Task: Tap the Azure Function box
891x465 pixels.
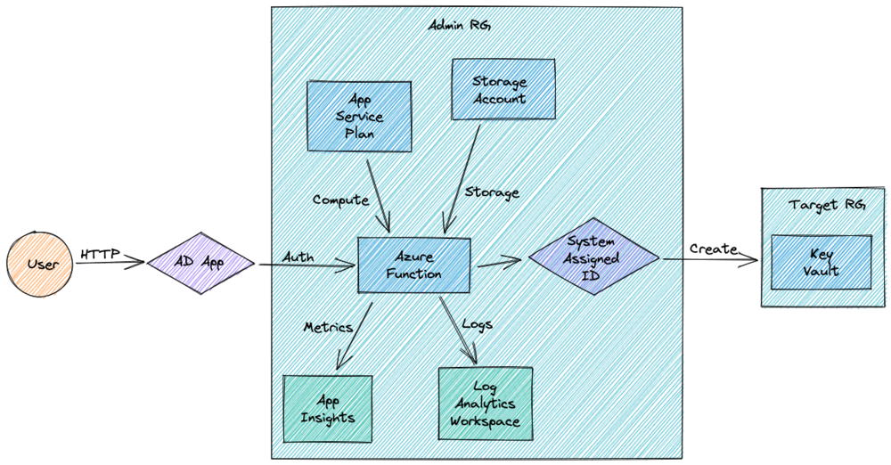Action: pos(413,265)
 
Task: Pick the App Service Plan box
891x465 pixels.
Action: pos(359,116)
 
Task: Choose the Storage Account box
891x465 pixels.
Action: pos(503,91)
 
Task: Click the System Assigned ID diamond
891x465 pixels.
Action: pos(593,257)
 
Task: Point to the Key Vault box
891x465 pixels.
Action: pos(821,262)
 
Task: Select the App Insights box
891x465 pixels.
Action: pos(327,408)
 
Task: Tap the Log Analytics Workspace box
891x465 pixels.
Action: pos(485,403)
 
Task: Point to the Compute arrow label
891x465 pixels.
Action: pos(340,200)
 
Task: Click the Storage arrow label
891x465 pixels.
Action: pos(492,192)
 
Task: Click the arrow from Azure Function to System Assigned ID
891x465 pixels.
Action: pos(499,261)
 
